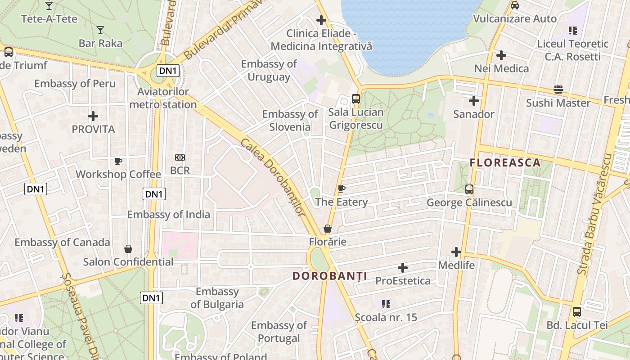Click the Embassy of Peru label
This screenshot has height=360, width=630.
75,83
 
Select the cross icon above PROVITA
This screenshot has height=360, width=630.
93,116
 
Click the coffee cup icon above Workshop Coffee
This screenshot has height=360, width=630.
118,161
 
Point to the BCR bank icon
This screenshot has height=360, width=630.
180,157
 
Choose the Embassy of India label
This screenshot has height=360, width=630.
168,214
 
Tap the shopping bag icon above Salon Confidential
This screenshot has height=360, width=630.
128,249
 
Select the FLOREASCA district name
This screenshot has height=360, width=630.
505,162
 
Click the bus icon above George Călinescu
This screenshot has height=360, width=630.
469,189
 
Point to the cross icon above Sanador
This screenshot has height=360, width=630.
473,101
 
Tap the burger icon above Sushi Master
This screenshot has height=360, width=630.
558,90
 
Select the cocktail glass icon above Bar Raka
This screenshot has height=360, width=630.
100,30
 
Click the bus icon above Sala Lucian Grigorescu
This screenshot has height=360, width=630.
356,99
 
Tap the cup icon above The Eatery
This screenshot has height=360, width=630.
342,189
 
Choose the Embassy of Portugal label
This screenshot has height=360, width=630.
279,332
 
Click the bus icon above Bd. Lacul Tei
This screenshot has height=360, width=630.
577,311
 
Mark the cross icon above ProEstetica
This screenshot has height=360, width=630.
403,268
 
